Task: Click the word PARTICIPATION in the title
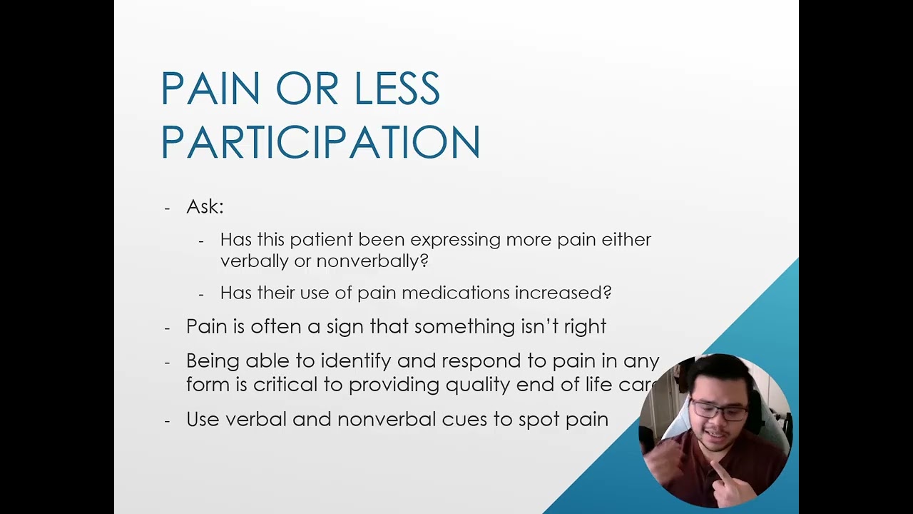pos(320,142)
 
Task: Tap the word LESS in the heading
pos(397,89)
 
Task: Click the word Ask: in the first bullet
pos(205,207)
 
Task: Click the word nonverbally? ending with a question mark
pos(372,261)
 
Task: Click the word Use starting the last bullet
pos(203,419)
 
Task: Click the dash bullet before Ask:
pos(167,208)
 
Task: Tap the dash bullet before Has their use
pos(201,294)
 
